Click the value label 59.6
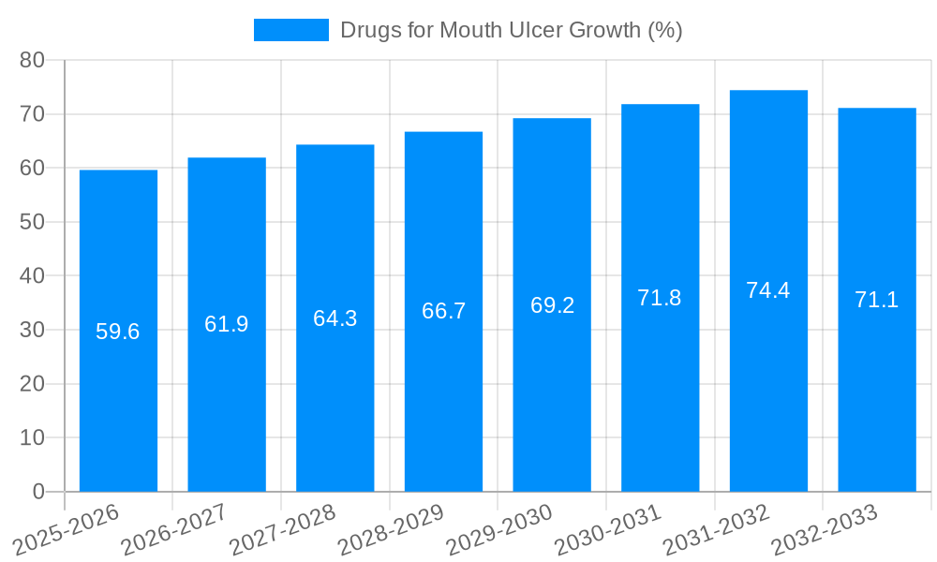click(x=118, y=332)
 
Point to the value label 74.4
click(x=768, y=290)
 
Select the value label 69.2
click(x=552, y=305)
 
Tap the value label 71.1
click(x=877, y=300)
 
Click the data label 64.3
click(x=335, y=318)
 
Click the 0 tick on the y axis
click(x=38, y=492)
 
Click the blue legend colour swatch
click(x=291, y=30)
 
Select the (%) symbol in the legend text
click(x=665, y=30)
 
